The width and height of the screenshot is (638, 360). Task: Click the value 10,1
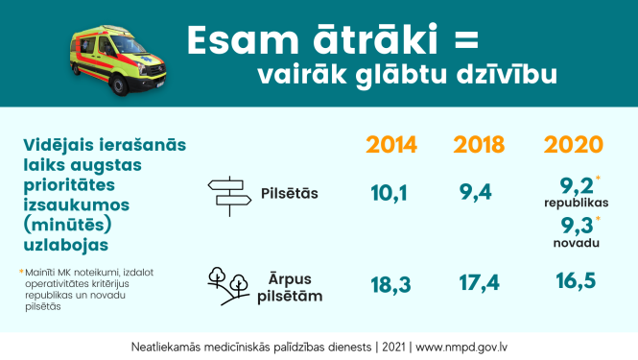(x=390, y=193)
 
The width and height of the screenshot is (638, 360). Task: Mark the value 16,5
(x=573, y=281)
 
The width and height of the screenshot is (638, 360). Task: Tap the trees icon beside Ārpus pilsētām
(x=229, y=284)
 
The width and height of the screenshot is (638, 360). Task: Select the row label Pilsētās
(x=289, y=194)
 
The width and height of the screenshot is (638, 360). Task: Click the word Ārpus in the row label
(x=295, y=277)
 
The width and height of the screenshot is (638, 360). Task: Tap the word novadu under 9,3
(x=575, y=244)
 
